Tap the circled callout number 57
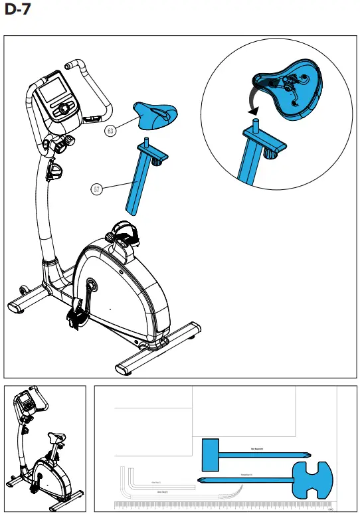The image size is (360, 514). click(97, 189)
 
